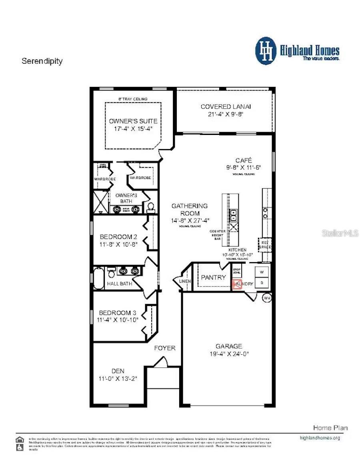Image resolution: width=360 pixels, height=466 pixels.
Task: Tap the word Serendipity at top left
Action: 42,61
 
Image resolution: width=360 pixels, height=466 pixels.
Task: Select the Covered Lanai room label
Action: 226,106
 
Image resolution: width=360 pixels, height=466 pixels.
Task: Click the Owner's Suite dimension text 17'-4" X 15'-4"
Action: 133,129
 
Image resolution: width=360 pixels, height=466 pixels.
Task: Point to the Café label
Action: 243,160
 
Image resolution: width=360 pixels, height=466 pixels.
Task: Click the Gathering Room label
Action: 190,209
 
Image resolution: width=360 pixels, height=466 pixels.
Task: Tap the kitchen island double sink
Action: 233,215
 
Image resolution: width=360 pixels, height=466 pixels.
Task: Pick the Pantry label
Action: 213,277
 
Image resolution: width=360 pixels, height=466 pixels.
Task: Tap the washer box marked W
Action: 262,272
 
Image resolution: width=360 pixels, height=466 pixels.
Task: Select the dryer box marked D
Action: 262,283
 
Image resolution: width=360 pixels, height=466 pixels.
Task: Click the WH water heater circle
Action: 267,298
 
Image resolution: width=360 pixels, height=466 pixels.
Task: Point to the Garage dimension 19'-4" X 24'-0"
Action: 229,354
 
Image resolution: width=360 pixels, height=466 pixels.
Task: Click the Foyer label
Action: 165,348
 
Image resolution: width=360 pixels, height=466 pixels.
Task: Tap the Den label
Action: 118,371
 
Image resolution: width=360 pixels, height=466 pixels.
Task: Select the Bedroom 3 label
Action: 115,313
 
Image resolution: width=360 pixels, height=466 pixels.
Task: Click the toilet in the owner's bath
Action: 151,207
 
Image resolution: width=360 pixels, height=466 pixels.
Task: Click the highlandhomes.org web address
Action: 320,438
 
